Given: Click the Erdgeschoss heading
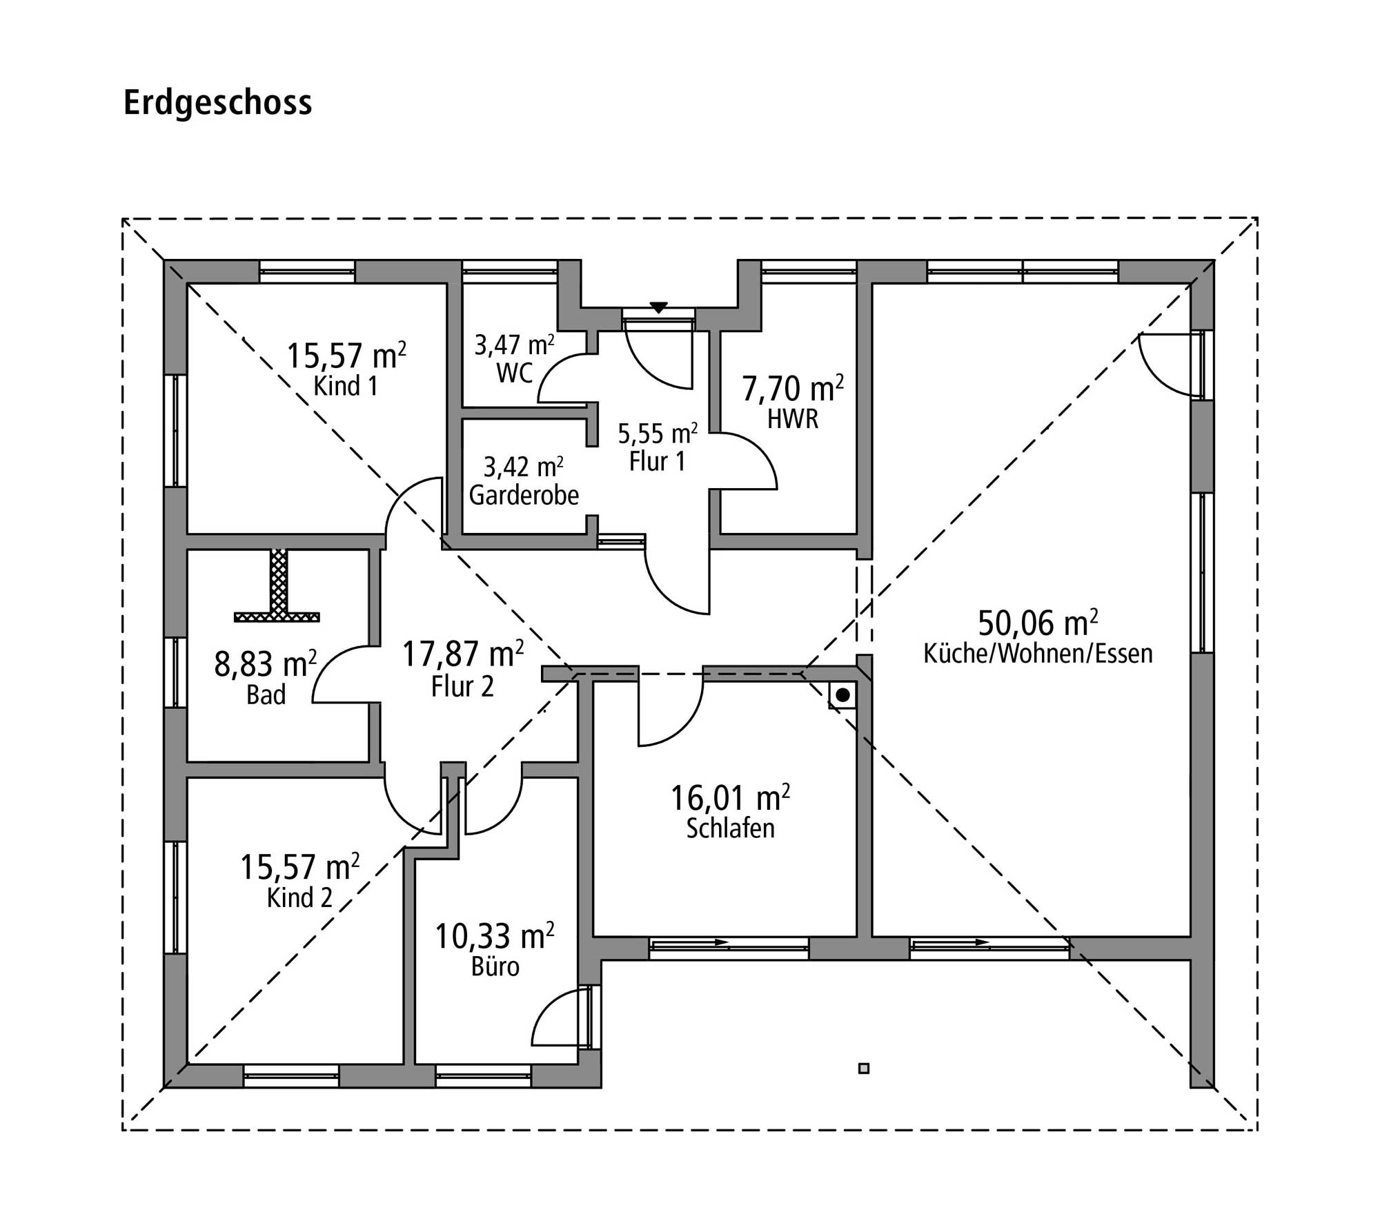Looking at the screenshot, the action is tap(217, 103).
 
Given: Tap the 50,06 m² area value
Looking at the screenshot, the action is tap(1038, 623).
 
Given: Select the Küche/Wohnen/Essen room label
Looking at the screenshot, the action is tap(1038, 654).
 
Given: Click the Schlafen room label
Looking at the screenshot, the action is tap(730, 828).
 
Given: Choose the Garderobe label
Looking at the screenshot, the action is tap(524, 495).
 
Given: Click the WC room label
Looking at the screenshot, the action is tap(514, 373).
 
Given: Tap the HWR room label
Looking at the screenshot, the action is tap(793, 419).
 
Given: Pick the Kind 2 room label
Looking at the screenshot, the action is tap(299, 898).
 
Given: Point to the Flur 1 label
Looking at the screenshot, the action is tap(657, 462).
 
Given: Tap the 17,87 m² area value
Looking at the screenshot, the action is tap(462, 654).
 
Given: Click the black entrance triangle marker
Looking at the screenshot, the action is tap(659, 307).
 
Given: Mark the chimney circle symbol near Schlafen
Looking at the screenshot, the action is tap(842, 696).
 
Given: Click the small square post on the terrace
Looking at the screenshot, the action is tap(863, 1069).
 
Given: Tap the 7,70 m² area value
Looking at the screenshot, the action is tap(793, 389).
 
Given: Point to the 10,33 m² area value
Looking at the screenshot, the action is tap(494, 937).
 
